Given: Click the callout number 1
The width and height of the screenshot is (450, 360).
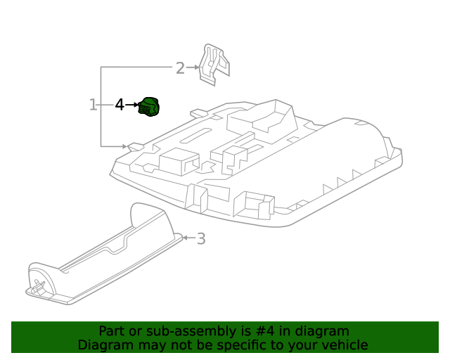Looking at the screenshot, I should coord(93,105).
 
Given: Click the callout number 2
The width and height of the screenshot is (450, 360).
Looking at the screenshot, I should coord(180,68).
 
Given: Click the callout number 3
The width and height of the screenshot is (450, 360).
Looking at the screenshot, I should coord(201,239).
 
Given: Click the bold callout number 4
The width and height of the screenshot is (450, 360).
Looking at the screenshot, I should coord(120,105).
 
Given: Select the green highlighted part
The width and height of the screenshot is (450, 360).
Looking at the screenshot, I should coord(149,107).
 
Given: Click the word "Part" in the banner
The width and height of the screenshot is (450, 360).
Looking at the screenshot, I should coord(112,331).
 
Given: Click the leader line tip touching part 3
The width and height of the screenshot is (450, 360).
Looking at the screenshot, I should coord(184,238).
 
